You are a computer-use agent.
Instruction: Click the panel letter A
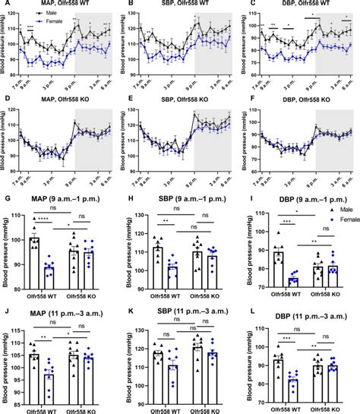click(5, 5)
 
